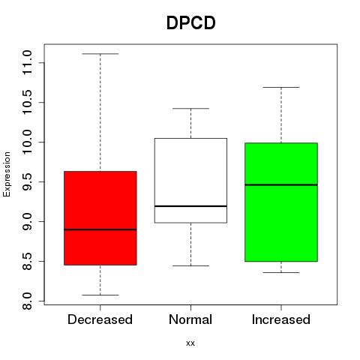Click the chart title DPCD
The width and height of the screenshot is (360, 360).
[190, 22]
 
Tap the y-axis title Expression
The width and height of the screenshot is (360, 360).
[7, 174]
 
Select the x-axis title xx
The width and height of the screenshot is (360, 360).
[190, 343]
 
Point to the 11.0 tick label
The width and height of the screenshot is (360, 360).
[27, 62]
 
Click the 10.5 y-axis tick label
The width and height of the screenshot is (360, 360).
[27, 102]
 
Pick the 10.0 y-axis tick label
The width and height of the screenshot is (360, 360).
[27, 142]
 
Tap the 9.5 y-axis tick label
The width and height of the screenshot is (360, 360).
[27, 181]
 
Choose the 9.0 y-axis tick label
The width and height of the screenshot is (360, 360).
[27, 221]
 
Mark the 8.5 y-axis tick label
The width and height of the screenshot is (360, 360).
[27, 261]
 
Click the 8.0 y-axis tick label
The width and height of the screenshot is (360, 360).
[27, 301]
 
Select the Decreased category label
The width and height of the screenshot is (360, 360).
[100, 319]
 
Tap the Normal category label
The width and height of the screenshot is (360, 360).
[190, 319]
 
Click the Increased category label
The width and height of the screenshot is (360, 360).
[281, 319]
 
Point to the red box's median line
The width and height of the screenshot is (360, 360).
[100, 229]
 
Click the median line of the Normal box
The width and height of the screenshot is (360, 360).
[190, 206]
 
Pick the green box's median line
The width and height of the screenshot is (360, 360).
[281, 184]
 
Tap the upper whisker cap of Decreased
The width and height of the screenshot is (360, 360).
[100, 54]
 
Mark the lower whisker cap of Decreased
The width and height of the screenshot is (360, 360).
[100, 295]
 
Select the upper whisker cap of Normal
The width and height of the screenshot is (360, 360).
[190, 109]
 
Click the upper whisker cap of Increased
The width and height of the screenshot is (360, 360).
[281, 87]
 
